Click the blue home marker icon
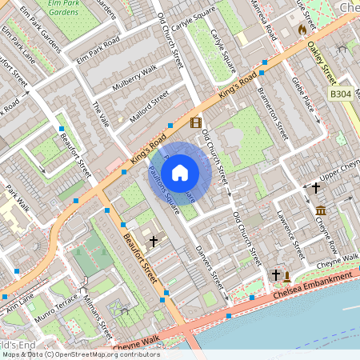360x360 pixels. coord(180,172)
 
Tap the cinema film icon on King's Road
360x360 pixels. coord(197,122)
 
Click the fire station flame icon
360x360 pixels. coord(302,30)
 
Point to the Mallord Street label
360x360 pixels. coord(150,105)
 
